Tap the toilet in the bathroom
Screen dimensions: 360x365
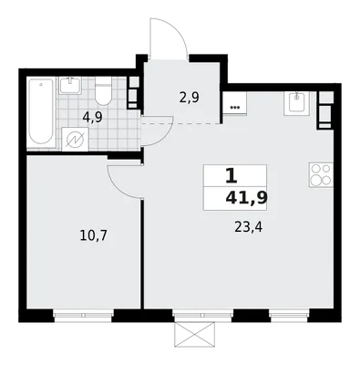[103, 91]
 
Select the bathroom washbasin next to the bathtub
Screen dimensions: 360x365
[71, 86]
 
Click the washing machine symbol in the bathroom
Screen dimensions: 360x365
[75, 140]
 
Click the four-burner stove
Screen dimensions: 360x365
[321, 175]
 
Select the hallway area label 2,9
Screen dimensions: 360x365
[189, 98]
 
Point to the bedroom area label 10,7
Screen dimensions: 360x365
[93, 235]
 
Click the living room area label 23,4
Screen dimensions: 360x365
[248, 226]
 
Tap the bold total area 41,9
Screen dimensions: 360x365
[246, 198]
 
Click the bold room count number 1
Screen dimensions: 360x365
[231, 177]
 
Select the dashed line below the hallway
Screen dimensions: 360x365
[182, 123]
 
